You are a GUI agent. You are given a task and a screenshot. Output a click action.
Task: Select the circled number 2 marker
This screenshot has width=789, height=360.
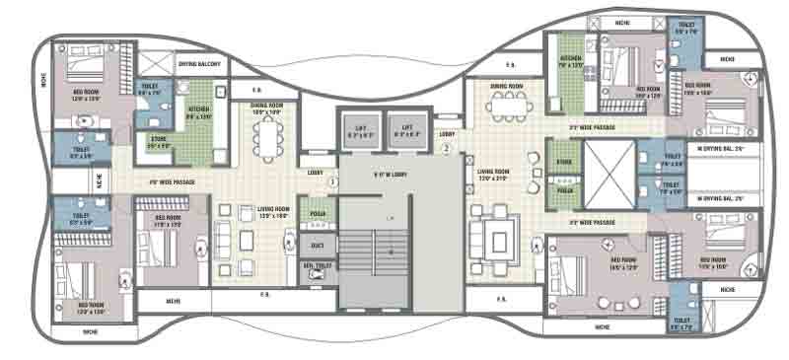(x=446, y=149)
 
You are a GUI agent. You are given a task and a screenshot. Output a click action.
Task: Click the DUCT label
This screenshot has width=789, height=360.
(x=318, y=244)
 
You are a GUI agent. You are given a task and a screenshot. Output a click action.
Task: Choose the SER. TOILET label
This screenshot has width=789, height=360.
(x=316, y=266)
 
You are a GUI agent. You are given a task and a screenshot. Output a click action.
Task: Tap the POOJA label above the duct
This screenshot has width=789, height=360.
(x=317, y=214)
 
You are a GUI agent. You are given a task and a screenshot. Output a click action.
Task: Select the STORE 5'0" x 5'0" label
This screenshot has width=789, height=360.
(x=158, y=143)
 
